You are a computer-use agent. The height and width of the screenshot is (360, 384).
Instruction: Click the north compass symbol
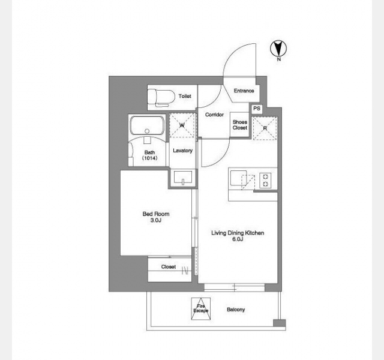coord(278,49)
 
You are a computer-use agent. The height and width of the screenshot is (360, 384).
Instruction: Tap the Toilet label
coord(185,96)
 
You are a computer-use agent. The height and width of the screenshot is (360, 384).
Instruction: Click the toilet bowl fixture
coord(161,98)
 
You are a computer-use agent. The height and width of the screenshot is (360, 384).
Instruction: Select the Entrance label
coord(244,91)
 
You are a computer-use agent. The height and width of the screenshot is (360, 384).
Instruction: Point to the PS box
coord(257,109)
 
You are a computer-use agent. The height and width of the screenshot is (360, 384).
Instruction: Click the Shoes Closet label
coord(240,125)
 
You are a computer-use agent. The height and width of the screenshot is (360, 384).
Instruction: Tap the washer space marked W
coord(182,125)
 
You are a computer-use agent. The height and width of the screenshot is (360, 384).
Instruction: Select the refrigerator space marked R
coord(265,128)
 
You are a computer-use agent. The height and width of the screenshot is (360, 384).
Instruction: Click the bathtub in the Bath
coord(147,125)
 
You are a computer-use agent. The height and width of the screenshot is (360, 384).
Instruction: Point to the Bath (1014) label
coord(149,155)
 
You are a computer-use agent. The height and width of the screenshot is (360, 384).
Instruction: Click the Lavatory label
coord(182,151)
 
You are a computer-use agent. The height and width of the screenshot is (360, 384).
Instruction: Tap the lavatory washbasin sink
coord(183,178)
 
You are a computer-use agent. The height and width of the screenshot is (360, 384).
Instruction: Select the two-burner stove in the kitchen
coord(265,180)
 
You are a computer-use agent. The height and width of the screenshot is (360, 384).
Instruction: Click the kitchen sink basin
coord(238,178)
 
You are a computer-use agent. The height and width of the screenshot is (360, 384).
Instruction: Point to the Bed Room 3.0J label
coord(156,217)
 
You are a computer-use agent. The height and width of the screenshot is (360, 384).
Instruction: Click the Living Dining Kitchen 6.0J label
coord(238,236)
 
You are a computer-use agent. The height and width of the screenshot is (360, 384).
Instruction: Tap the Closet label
coord(169,266)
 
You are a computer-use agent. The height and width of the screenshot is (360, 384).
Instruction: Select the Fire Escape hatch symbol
coord(201,309)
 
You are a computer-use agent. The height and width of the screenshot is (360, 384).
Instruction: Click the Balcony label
coord(236,310)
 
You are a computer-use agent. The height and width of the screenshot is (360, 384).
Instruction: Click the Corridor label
coord(214,115)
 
